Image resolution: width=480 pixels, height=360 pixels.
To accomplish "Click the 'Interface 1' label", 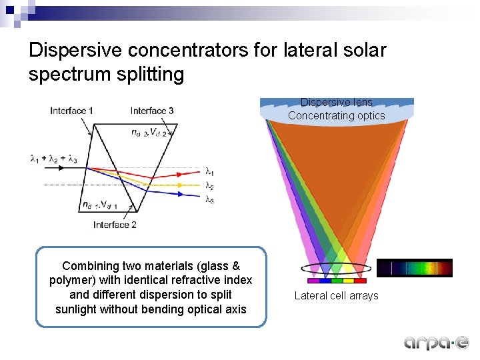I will tap(71, 111).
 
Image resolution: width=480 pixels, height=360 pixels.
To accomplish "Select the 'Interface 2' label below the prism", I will tap(115, 225).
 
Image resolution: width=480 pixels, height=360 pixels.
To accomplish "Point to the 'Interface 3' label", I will tap(152, 111).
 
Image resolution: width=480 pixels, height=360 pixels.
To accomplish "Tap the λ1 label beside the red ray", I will tap(209, 172).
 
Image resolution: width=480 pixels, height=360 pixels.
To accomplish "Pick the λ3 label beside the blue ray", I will tap(209, 199).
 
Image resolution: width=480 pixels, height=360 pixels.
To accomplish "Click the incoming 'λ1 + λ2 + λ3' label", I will tap(55, 159).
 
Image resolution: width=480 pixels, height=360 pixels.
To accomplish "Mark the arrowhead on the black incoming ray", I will tap(65, 168).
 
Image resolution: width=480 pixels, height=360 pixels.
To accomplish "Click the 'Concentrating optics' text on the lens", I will tap(336, 115).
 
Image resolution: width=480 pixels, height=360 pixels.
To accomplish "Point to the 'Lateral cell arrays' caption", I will tap(336, 295).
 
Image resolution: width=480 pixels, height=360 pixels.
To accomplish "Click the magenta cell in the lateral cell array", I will tap(313, 281).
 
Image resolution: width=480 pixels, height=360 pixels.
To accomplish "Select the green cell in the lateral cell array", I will tap(337, 281).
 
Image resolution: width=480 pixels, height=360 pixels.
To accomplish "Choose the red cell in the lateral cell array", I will tap(360, 281).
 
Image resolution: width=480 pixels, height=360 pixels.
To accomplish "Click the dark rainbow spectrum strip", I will tap(414, 268).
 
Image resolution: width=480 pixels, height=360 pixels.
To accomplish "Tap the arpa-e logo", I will tap(436, 342).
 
